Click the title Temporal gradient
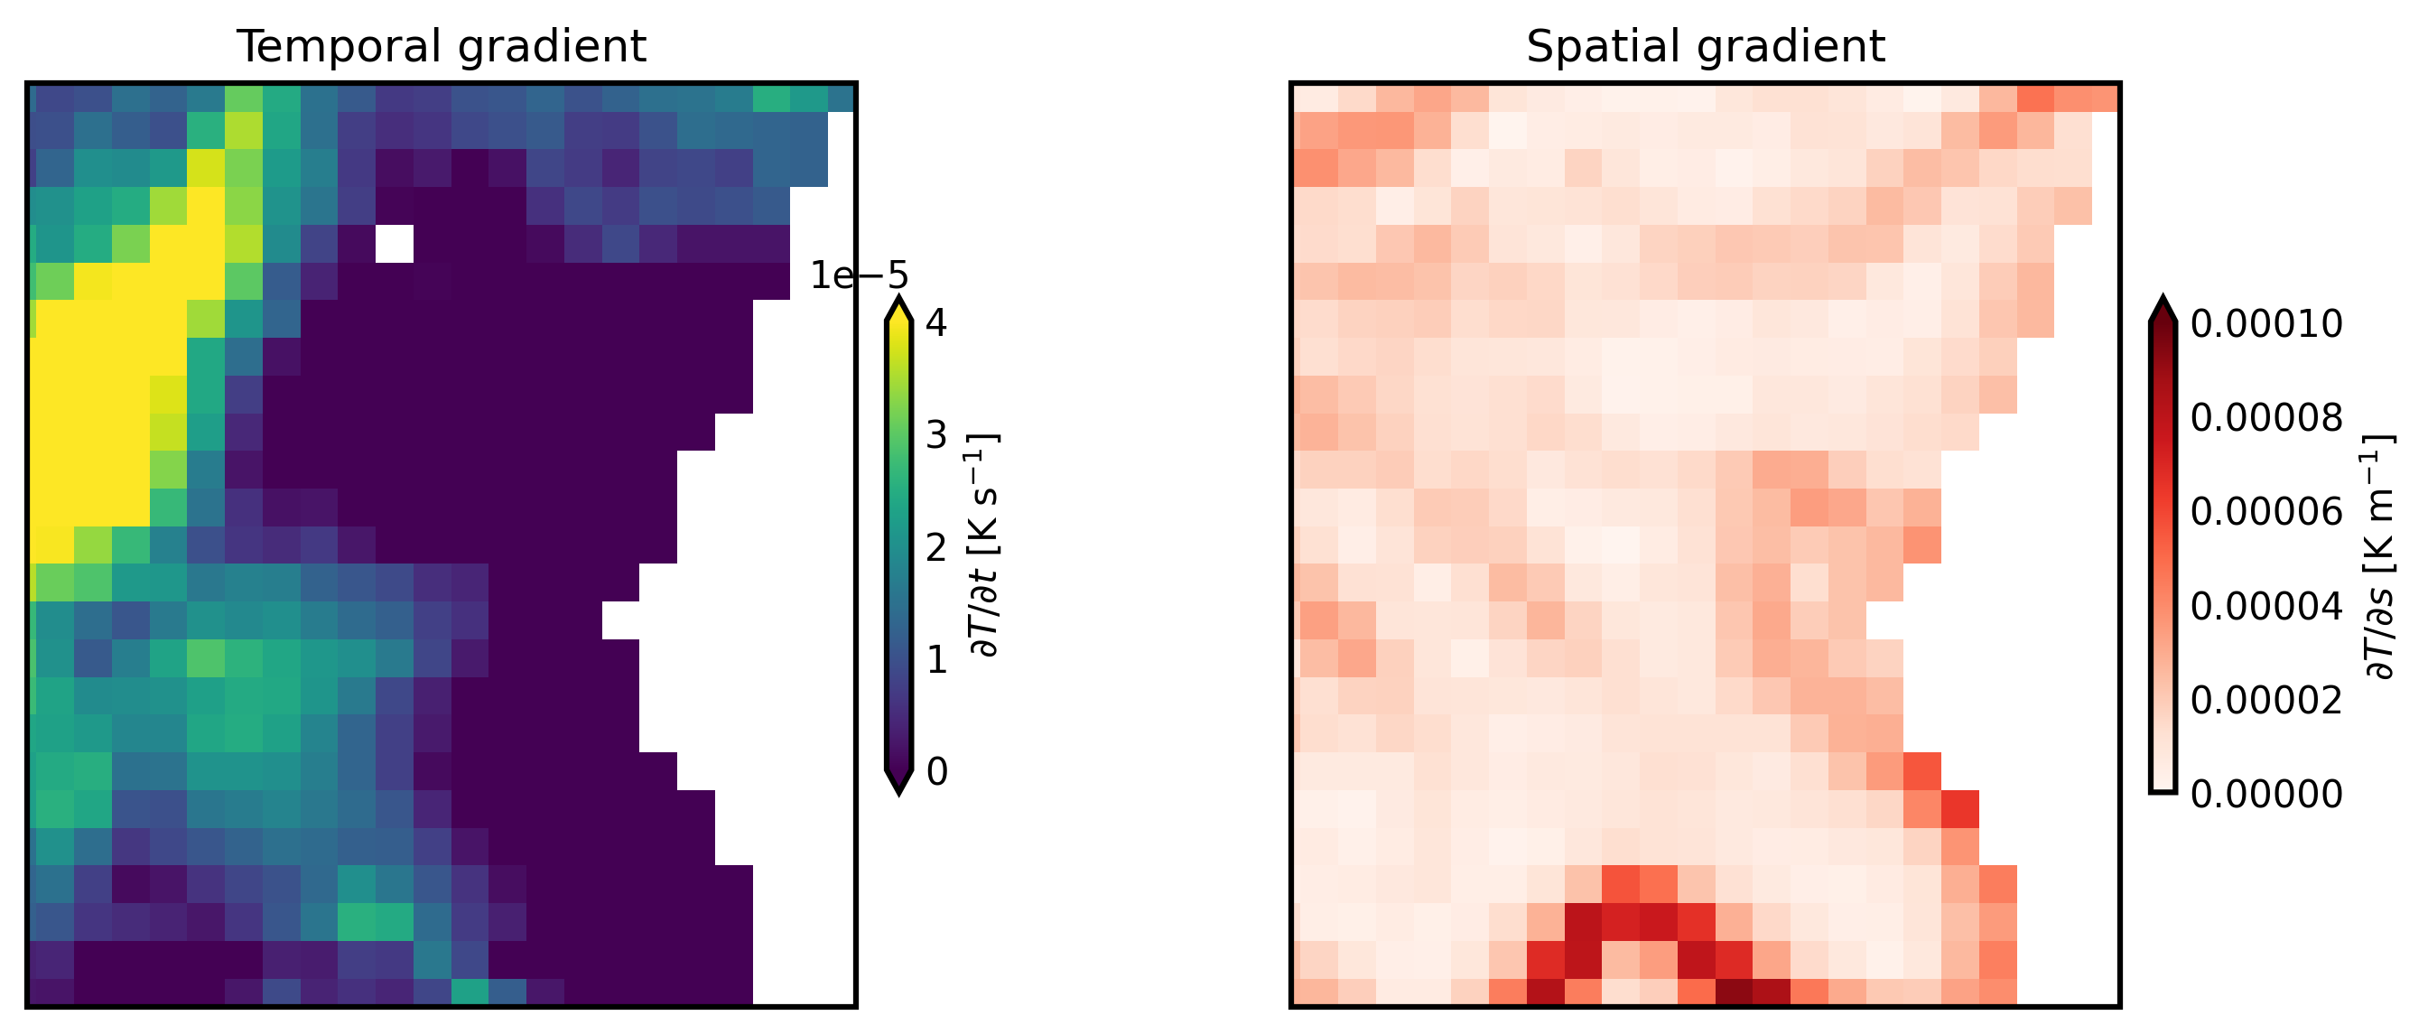coord(442,46)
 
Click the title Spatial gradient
coord(1705,46)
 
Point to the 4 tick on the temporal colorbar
coord(937,323)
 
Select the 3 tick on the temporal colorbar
coord(937,435)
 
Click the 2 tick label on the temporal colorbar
coord(937,547)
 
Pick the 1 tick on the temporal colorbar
coord(937,660)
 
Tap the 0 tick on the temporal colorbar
coord(937,772)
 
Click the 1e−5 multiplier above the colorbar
coord(859,276)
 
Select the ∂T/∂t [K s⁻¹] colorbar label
coord(984,545)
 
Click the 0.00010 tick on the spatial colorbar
coord(2265,324)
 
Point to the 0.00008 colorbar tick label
coord(2265,417)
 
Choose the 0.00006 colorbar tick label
coord(2265,512)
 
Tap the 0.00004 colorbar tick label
coord(2265,606)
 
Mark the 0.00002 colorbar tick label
coord(2265,701)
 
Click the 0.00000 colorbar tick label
coord(2265,795)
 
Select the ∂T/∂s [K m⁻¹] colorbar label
coord(2379,556)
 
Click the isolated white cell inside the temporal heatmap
coord(394,243)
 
